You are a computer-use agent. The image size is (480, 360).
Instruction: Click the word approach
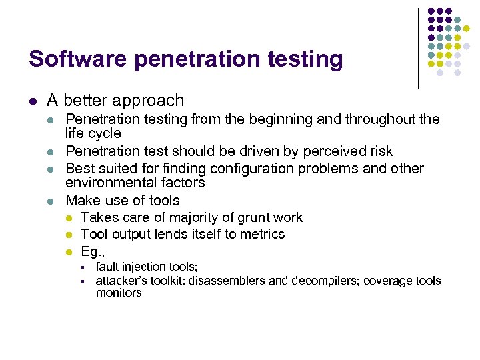tap(151, 101)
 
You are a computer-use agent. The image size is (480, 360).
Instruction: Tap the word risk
tap(380, 151)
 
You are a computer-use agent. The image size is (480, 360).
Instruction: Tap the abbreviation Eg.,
tap(93, 251)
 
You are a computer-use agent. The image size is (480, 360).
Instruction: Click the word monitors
tap(119, 293)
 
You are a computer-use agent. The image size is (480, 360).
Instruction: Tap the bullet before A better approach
tap(33, 101)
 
